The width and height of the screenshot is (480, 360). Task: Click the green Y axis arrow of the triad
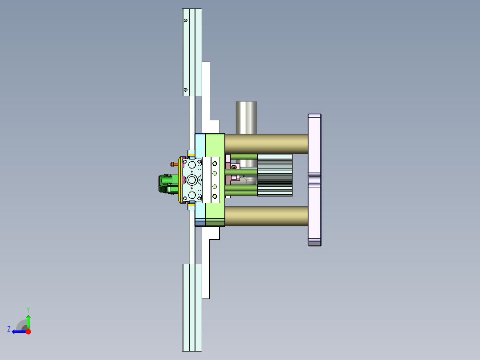(28, 320)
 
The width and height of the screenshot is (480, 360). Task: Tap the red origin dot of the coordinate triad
(28, 331)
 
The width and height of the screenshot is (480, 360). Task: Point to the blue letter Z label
(9, 329)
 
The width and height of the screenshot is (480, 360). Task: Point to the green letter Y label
(28, 309)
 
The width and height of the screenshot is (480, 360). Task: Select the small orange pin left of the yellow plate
(174, 164)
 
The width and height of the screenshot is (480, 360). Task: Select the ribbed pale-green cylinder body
(275, 175)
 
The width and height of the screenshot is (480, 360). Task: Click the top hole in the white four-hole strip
(214, 163)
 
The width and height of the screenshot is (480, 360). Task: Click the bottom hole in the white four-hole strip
(214, 196)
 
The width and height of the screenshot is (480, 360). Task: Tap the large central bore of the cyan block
(192, 180)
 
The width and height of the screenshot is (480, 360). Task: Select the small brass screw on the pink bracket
(234, 167)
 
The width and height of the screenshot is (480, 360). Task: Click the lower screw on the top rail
(186, 90)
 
